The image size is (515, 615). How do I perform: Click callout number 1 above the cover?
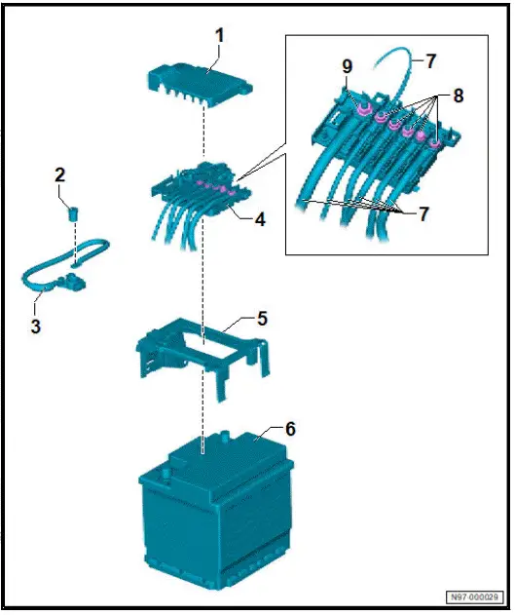219,35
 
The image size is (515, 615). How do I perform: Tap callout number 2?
60,175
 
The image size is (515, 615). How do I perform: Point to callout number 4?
260,220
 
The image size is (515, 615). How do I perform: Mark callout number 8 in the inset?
448,97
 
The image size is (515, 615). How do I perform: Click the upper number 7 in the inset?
430,60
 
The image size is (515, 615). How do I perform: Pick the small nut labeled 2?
72,212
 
